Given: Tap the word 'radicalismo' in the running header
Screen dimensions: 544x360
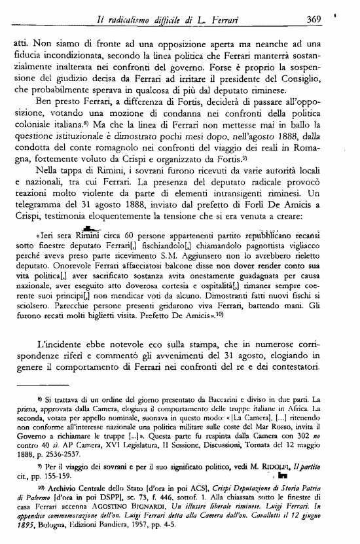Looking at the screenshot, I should click(133, 20).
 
